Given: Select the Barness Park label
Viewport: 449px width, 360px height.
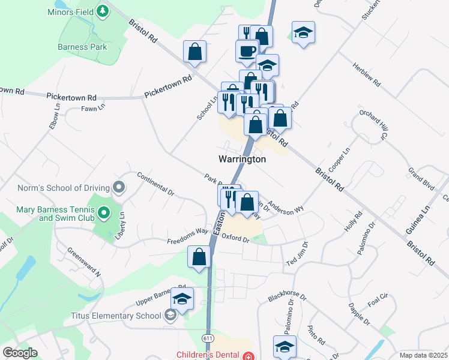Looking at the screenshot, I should [x=82, y=47].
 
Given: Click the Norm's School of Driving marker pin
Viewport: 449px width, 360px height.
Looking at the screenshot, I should [x=119, y=188].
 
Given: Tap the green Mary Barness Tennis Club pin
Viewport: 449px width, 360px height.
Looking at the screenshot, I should [x=104, y=212].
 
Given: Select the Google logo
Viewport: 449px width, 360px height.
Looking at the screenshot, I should [x=20, y=353].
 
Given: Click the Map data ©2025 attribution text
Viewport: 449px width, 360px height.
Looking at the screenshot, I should [x=423, y=355].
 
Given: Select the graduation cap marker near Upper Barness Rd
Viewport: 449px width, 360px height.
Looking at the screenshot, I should [x=182, y=298].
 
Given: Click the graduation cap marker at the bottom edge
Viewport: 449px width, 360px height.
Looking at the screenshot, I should [x=285, y=346].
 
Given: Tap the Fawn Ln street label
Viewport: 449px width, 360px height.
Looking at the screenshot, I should [x=93, y=108].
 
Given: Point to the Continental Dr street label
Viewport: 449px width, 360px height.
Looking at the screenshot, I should [x=155, y=184].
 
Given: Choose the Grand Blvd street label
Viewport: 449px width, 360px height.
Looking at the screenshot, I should [x=421, y=179].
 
